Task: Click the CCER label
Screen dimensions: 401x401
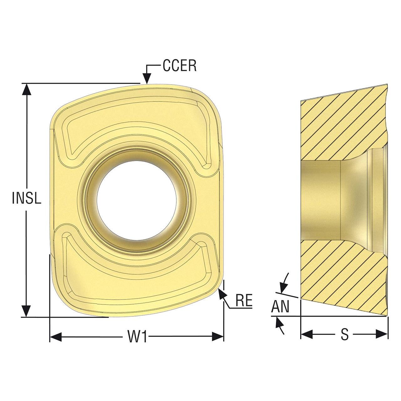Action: click(180, 65)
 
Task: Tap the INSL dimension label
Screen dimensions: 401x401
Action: click(27, 198)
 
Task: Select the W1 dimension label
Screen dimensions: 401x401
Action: click(137, 337)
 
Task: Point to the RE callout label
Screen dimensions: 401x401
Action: click(244, 300)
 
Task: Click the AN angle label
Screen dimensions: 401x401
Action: click(280, 306)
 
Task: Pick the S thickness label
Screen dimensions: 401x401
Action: click(345, 334)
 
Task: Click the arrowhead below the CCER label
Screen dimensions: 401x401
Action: click(147, 78)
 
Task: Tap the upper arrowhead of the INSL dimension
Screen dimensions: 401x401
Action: click(26, 90)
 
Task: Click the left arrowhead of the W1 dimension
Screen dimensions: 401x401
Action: click(56, 337)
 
